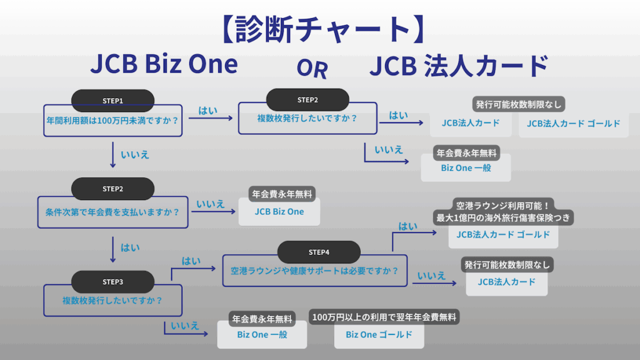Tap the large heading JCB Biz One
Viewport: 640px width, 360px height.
coord(164,65)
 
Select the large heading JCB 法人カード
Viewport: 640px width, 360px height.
coord(459,66)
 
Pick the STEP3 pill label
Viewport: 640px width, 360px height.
coord(112,282)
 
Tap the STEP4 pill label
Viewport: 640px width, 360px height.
coord(319,252)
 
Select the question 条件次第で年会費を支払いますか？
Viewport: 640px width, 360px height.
coord(112,212)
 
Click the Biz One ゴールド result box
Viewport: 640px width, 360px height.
coord(379,335)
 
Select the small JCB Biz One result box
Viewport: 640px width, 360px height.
coord(279,212)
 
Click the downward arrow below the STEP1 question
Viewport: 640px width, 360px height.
coord(112,154)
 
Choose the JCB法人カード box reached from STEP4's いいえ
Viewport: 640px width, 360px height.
coord(506,282)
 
